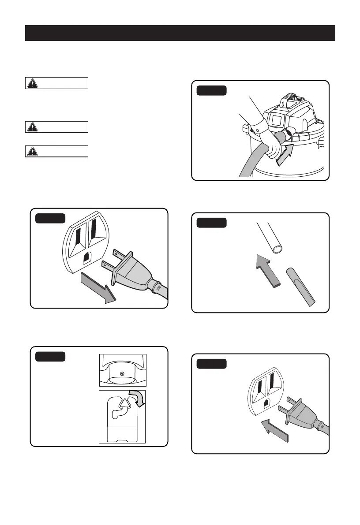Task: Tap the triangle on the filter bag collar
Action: [x=126, y=402]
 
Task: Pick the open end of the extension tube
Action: [x=278, y=250]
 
